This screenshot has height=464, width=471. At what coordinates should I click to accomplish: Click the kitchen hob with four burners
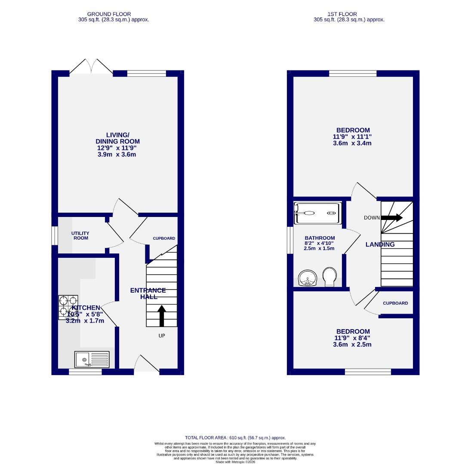68,307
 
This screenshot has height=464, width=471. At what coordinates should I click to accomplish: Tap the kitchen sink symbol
92,359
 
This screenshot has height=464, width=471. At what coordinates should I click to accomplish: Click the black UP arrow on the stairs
162,316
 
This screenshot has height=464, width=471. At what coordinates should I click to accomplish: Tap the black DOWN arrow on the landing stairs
391,218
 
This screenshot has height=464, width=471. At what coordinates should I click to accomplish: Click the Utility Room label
81,235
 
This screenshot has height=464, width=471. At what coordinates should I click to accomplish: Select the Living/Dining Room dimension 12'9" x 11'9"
117,148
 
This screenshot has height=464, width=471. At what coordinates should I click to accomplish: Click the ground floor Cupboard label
164,238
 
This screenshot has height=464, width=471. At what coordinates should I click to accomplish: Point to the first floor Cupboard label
395,303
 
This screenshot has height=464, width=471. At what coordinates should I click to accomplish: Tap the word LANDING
380,244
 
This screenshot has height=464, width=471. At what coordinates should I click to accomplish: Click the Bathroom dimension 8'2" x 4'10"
319,243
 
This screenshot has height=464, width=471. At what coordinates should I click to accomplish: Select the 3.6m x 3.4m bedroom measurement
352,143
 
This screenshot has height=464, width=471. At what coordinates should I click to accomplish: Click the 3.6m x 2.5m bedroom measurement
352,345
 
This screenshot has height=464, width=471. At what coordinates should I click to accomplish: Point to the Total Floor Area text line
235,438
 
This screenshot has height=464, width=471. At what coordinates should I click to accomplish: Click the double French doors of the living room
91,67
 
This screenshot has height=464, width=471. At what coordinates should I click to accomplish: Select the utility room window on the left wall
55,235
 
